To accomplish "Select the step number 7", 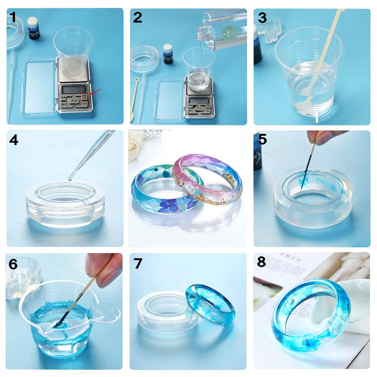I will (x=138, y=263).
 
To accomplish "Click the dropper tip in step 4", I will (x=71, y=178).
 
